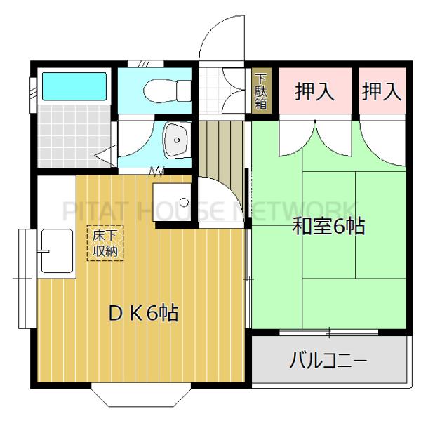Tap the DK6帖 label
[142, 313]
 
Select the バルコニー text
[328, 362]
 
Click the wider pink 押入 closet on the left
[314, 92]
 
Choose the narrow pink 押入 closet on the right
[382, 92]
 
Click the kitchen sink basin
[56, 250]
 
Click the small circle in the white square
[184, 203]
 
